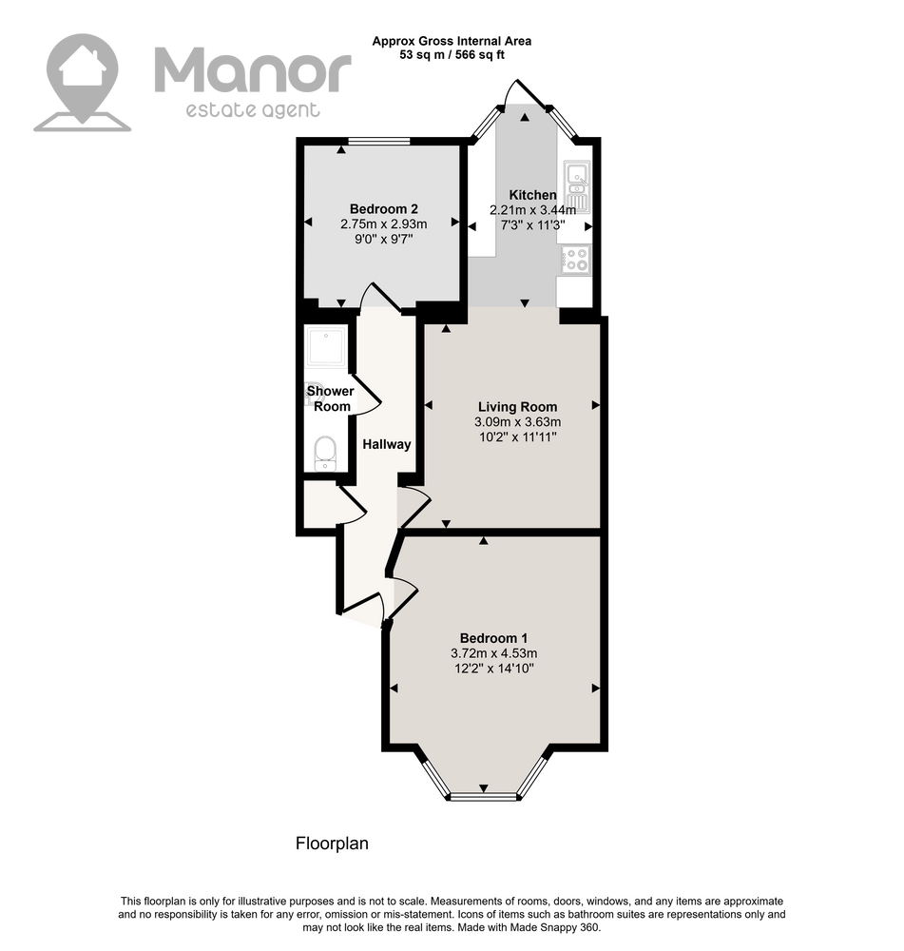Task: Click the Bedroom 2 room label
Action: coord(384,209)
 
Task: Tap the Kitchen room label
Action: coord(532,195)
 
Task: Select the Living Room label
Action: coord(517,407)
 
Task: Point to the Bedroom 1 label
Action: coord(493,638)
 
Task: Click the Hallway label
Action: coord(387,444)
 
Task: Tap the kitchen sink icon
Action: coord(576,186)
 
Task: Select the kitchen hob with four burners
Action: coord(575,260)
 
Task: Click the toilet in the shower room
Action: coord(326,453)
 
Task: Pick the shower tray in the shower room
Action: coord(327,347)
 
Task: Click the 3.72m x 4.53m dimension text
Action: coord(493,654)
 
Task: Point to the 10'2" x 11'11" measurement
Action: coord(518,437)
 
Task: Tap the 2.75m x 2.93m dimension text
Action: coord(384,224)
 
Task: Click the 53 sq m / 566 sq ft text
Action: coord(452,55)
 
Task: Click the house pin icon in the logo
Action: coord(83,83)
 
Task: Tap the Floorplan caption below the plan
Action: coord(332,844)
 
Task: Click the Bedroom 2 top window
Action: coord(379,142)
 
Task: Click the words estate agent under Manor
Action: coord(252,110)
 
